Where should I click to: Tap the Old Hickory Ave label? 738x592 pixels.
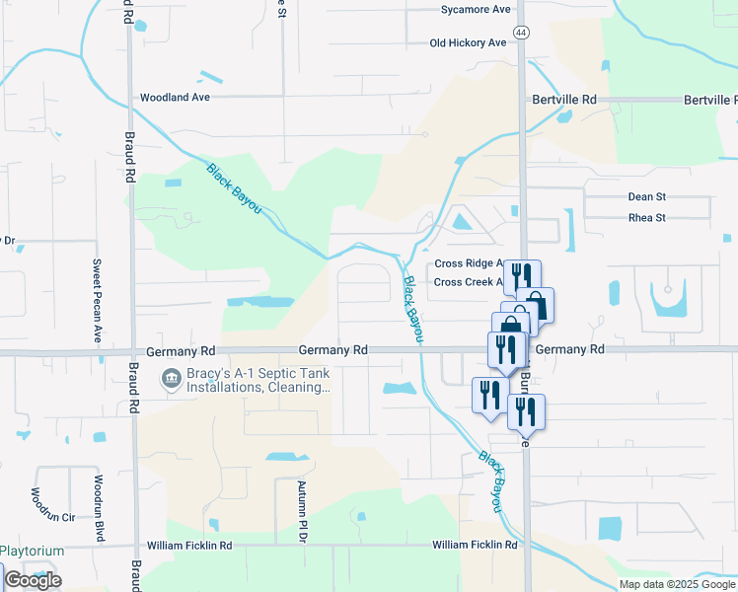(x=468, y=42)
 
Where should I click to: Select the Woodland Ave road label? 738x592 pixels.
(x=176, y=98)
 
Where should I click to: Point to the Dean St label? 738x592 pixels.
(x=647, y=197)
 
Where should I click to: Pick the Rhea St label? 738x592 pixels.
(x=647, y=218)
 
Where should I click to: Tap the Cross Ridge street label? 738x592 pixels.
(x=470, y=264)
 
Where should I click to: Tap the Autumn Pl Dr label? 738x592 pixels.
(x=304, y=511)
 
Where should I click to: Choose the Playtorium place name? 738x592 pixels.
(x=32, y=552)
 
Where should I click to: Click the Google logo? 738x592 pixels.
(x=33, y=580)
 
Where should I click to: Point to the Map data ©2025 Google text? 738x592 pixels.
(x=676, y=584)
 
